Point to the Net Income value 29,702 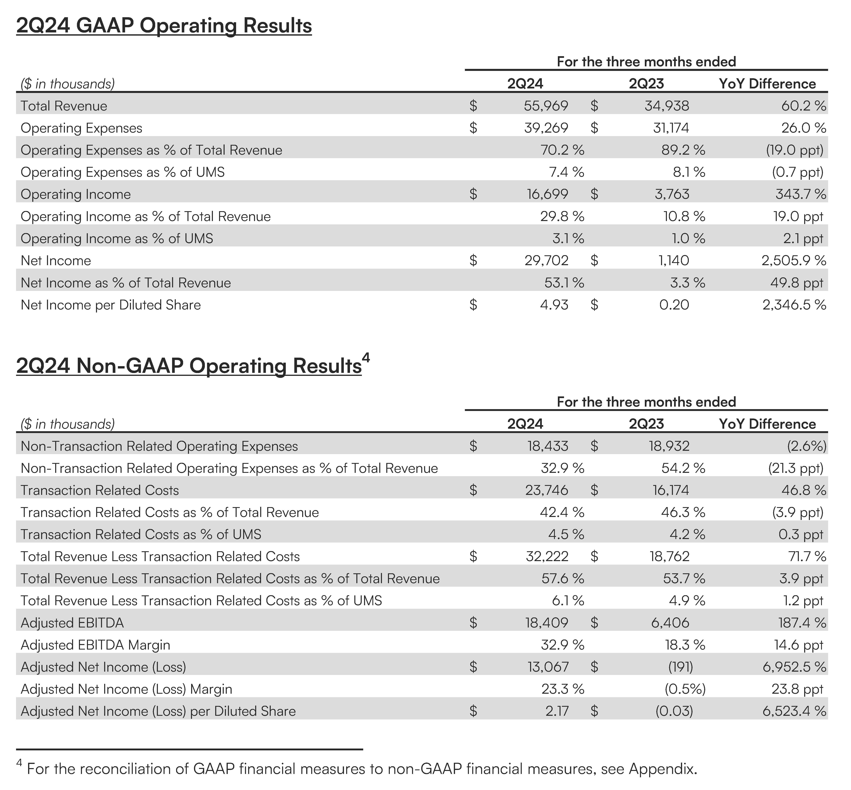tap(546, 260)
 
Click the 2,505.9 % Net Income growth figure tap(793, 260)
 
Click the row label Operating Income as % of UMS tap(117, 238)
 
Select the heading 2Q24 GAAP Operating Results tap(164, 26)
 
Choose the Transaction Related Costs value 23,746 tap(546, 490)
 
